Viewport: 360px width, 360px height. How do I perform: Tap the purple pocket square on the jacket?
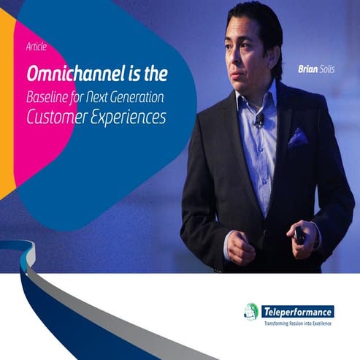pos(298,138)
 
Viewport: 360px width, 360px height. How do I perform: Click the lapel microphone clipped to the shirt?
pos(259,119)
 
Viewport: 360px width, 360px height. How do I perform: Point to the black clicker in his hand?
pos(300,236)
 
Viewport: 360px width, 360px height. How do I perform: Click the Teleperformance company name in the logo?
pos(296,312)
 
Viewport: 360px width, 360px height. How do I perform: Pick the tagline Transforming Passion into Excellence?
pos(296,323)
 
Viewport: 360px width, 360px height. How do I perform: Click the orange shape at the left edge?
pos(7,110)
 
